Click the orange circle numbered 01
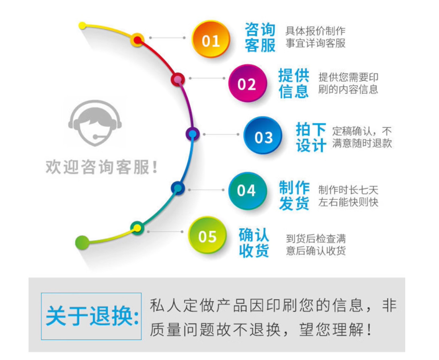point(211,39)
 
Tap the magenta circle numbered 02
point(248,83)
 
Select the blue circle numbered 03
point(263,136)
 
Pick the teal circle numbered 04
point(248,191)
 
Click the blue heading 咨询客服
point(260,37)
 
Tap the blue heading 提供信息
point(294,83)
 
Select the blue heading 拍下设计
point(311,137)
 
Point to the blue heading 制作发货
point(294,195)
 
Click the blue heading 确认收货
point(254,243)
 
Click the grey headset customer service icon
point(95,123)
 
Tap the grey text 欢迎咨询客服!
point(102,167)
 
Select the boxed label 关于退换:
point(91,316)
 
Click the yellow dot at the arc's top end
point(82,26)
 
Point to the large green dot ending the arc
point(82,243)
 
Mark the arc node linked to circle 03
point(193,134)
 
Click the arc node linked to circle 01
point(137,40)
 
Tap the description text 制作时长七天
point(348,190)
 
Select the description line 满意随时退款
point(362,144)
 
